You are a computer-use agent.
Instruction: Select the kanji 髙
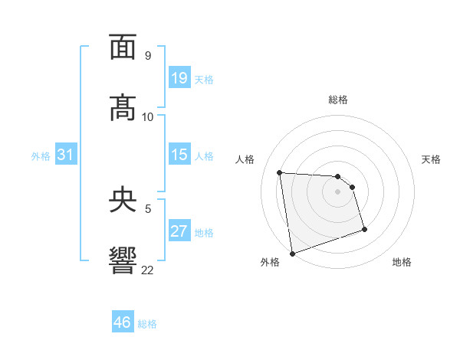[x=123, y=108]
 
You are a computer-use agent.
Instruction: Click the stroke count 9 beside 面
[x=148, y=55]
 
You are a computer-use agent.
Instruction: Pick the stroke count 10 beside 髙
[x=148, y=116]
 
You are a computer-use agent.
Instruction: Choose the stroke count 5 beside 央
[x=148, y=208]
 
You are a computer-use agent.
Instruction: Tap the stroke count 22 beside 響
[x=148, y=270]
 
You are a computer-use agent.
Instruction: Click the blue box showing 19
[x=179, y=78]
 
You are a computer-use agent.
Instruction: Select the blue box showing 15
[x=179, y=155]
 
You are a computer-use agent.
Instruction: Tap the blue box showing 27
[x=179, y=231]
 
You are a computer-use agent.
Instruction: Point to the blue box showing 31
[x=66, y=155]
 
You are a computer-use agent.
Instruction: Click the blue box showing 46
[x=123, y=322]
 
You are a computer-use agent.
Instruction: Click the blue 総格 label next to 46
[x=147, y=324]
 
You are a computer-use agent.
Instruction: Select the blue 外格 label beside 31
[x=41, y=156]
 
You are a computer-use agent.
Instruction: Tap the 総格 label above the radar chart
[x=338, y=100]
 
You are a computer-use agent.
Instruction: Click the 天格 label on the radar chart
[x=431, y=159]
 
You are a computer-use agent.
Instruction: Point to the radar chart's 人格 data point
[x=280, y=172]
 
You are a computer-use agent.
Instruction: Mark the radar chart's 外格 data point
[x=291, y=253]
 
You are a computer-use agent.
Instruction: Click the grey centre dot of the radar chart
[x=338, y=191]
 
